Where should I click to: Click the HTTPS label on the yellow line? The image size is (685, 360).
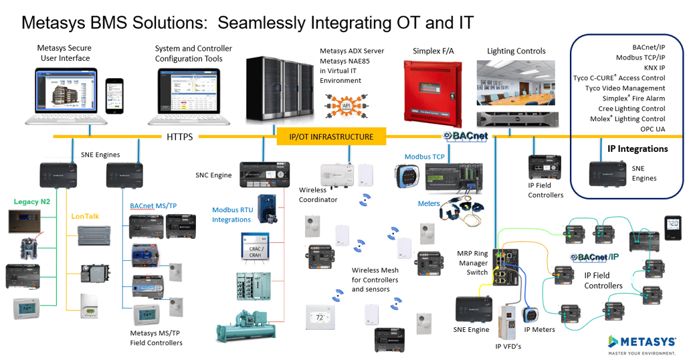click(179, 137)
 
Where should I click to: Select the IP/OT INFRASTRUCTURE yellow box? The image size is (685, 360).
click(332, 137)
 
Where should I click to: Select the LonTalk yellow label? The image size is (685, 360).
click(86, 216)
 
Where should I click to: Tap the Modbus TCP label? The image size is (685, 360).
click(425, 157)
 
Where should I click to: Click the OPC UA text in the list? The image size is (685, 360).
click(651, 128)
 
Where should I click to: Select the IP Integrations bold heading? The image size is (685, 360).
click(638, 149)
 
